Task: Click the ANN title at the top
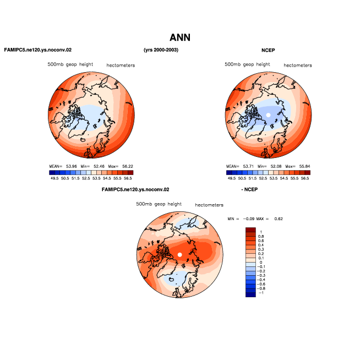tap(180, 37)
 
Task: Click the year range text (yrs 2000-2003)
tap(161, 50)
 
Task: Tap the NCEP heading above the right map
tap(268, 50)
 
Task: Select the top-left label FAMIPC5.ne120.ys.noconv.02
tap(38, 50)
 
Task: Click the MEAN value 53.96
tap(72, 166)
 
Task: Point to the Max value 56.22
tap(128, 166)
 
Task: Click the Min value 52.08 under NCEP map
tap(276, 166)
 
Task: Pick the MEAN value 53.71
tap(248, 166)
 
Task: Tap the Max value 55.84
tap(304, 166)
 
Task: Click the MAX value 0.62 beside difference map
tap(279, 219)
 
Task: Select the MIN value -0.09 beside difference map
tap(249, 219)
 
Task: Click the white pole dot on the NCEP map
tap(268, 115)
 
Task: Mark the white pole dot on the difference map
tap(180, 255)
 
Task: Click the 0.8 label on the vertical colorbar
tap(261, 237)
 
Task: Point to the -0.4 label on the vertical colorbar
tap(261, 280)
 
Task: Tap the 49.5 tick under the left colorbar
tap(54, 178)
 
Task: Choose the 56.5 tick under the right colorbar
tap(305, 178)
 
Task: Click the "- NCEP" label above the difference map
tap(249, 189)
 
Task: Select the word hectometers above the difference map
tap(209, 205)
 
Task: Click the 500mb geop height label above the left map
tap(70, 64)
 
